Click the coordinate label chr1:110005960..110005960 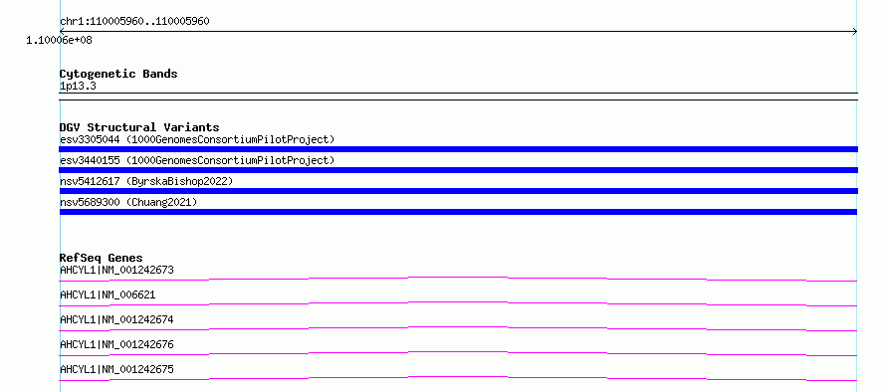pos(134,22)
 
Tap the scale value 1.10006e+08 pos(60,41)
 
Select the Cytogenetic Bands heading pos(118,74)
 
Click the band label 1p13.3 pos(78,86)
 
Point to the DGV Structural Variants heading pos(139,127)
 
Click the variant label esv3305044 pos(90,139)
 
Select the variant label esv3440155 pos(90,160)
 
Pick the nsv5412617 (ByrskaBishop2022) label pos(146,181)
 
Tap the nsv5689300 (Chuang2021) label pos(128,202)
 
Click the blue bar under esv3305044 pos(458,149)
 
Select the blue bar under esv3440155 pos(458,170)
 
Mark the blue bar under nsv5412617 pos(458,191)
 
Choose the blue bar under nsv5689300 pos(458,212)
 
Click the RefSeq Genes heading pos(102,258)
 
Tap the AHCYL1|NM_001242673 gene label pos(116,270)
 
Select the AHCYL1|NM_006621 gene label pos(108,294)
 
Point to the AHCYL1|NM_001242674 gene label pos(116,319)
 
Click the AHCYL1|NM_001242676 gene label pos(116,344)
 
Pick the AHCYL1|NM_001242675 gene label pos(116,369)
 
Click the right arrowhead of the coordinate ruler pos(856,32)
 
